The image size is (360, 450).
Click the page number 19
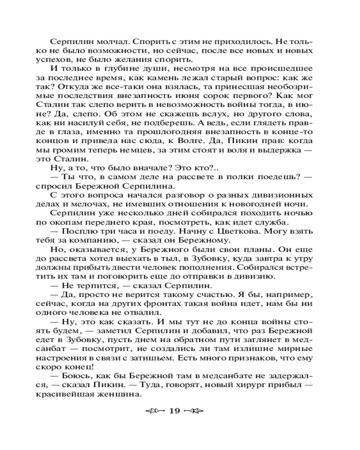tap(175, 410)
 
